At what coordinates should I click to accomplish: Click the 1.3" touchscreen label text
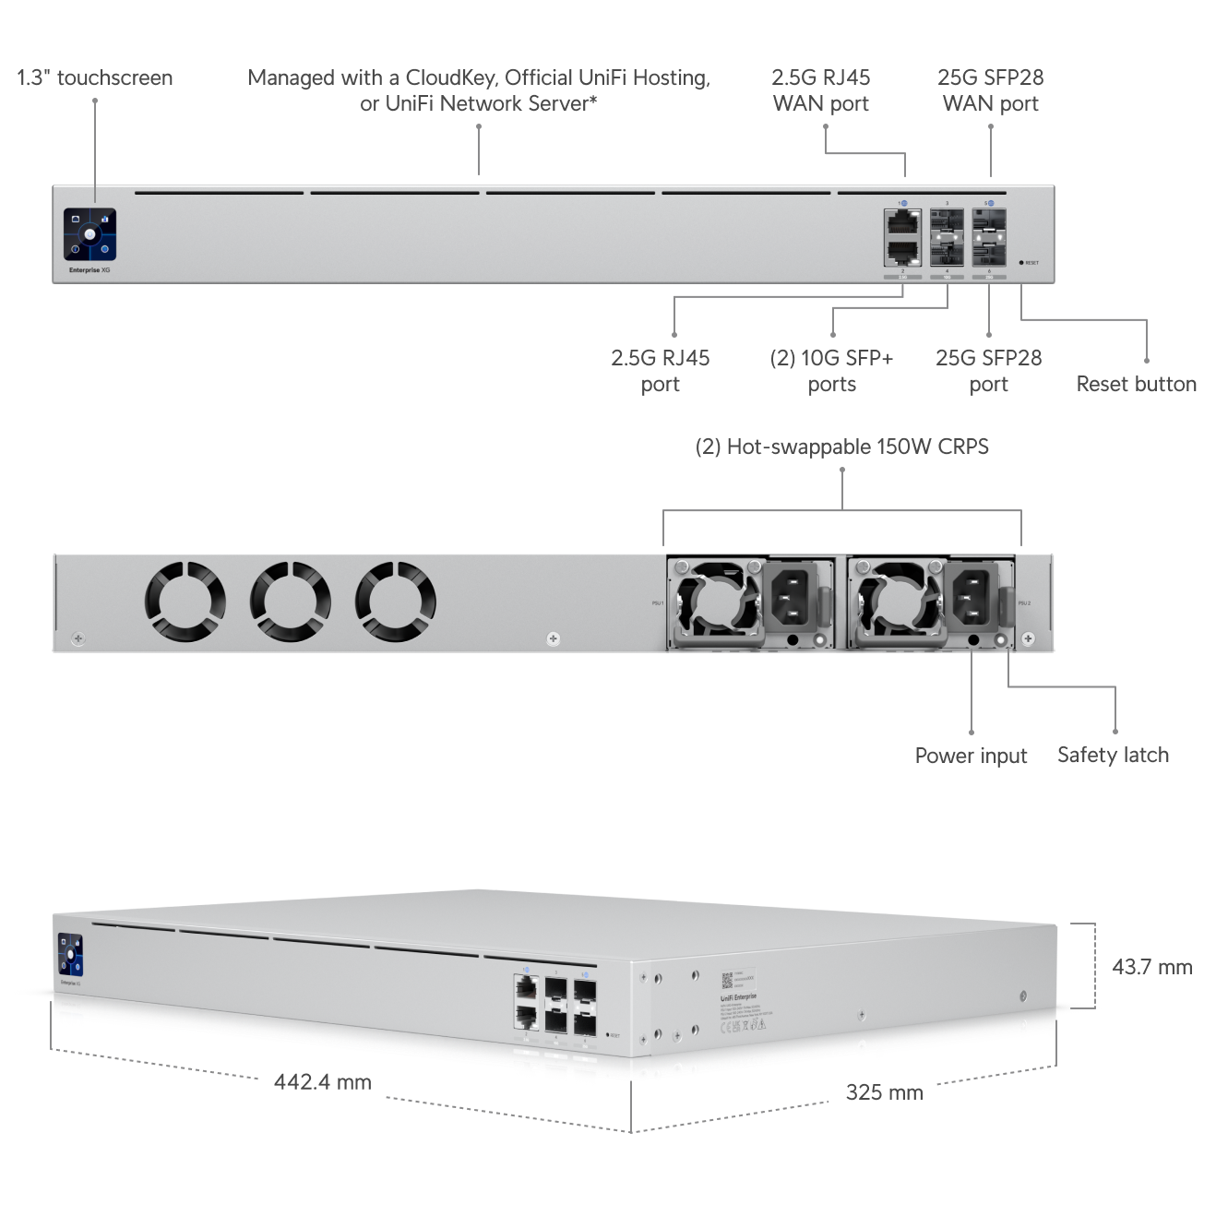tap(95, 77)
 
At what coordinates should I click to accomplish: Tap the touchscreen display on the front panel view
tap(89, 234)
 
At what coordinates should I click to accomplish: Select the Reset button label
tap(1136, 384)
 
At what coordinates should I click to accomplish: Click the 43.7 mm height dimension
tap(1151, 967)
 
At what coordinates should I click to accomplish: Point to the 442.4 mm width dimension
tap(322, 1081)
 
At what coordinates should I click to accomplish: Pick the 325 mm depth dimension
tap(884, 1092)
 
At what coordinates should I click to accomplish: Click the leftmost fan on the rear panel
tap(185, 602)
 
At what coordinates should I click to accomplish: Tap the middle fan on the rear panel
tap(290, 602)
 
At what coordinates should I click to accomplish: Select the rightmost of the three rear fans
tap(395, 602)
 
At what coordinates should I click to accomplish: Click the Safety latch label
tap(1113, 755)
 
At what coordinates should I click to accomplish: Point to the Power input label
tap(971, 756)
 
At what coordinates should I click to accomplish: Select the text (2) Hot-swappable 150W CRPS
tap(841, 447)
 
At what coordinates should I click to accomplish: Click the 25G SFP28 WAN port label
tap(990, 90)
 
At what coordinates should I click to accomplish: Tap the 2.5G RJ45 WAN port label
tap(820, 90)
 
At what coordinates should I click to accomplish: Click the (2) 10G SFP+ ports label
tap(831, 371)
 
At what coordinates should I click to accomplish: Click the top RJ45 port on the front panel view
tap(901, 221)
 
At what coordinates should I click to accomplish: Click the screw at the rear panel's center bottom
tap(553, 638)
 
